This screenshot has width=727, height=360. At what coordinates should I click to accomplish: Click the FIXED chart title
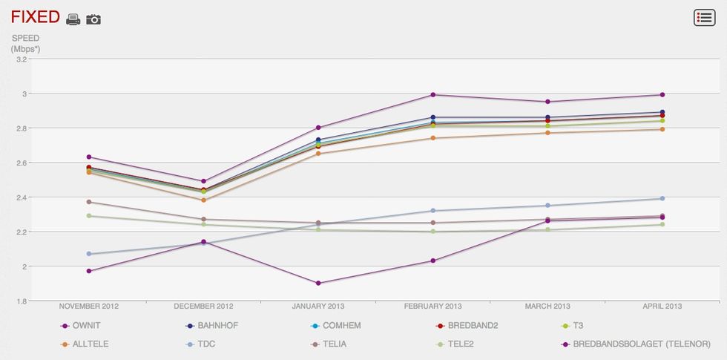tap(34, 17)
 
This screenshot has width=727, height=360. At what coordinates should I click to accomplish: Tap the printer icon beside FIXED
tap(73, 19)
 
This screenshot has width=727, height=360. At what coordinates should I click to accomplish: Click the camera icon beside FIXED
tap(93, 19)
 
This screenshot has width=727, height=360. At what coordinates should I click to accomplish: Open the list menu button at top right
tap(704, 18)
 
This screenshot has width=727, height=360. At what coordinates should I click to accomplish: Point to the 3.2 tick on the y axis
tap(21, 59)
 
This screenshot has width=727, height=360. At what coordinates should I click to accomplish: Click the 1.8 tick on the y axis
tap(21, 301)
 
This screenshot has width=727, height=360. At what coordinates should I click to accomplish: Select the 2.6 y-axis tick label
tap(21, 163)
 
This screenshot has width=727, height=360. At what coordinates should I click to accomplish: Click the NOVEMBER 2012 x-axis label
tap(89, 306)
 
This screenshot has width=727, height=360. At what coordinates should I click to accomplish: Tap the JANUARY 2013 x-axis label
tap(318, 306)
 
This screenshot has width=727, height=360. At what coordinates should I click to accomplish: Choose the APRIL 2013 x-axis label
tap(662, 306)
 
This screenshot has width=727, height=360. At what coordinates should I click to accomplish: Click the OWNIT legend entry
tap(86, 326)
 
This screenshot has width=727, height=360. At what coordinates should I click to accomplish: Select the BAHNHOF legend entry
tap(214, 326)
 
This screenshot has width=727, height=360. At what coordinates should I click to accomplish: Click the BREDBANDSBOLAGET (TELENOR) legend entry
tap(641, 344)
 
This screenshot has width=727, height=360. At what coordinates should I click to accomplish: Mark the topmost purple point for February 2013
tap(433, 94)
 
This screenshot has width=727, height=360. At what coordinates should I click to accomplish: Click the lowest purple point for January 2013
tap(318, 283)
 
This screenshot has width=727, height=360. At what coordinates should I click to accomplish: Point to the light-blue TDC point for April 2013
tap(662, 198)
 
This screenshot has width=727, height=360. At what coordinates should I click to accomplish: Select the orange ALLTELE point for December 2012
tap(203, 200)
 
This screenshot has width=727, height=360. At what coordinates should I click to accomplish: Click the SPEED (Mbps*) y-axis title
tap(25, 43)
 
